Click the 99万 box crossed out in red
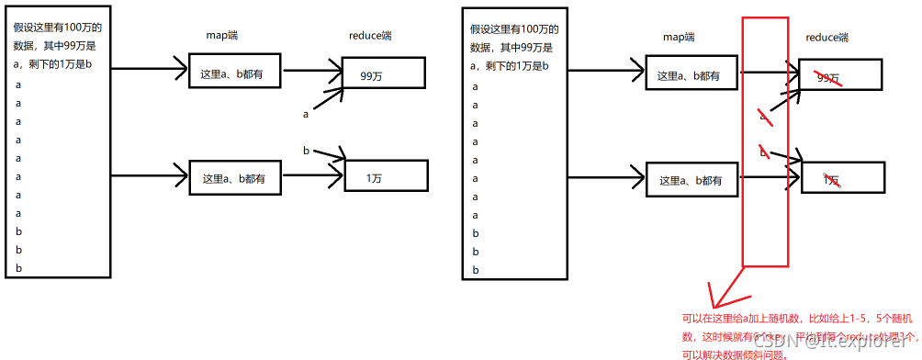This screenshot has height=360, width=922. pos(839,73)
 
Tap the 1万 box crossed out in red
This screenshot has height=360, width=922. pos(841,179)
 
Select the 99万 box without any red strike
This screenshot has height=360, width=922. pos(383,73)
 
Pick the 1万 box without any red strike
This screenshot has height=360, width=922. pos(385,176)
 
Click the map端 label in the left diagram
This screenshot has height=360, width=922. pos(222,35)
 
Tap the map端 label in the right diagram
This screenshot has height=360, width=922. pos(679,37)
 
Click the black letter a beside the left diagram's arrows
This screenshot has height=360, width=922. pos(306,114)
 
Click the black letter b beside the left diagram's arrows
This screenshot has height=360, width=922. pos(306,150)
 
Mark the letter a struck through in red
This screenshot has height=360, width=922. pos(763,116)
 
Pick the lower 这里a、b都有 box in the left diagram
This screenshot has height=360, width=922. pos(235,178)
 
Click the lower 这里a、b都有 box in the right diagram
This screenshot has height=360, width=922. pos(691,181)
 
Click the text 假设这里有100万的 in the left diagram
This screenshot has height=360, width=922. pos(57,28)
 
